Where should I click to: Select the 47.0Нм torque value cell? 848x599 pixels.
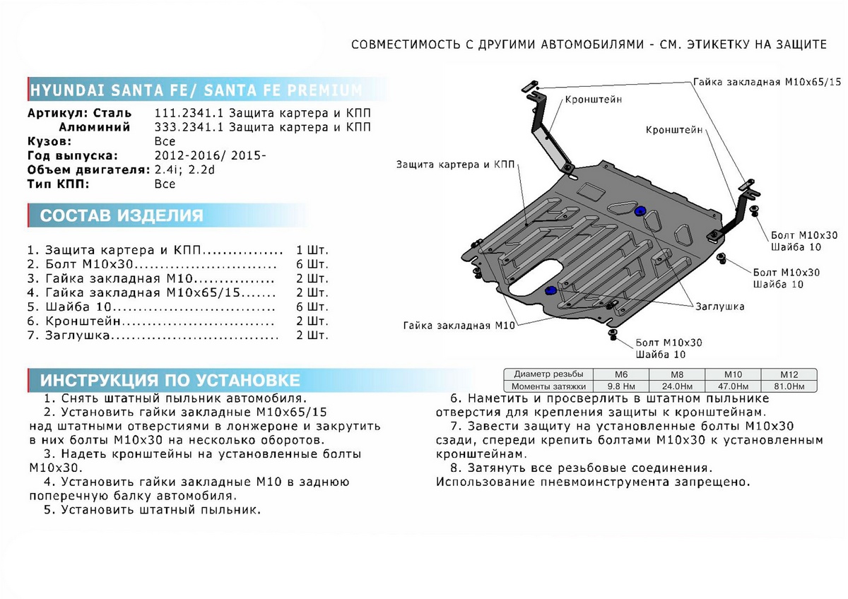734,386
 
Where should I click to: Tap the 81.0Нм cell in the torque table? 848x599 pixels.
789,386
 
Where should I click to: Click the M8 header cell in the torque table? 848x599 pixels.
677,374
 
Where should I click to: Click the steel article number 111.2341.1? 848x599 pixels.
187,114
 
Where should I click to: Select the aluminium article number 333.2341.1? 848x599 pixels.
187,127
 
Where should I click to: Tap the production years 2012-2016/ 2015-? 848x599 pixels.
210,155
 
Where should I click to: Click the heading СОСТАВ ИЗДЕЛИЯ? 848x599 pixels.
122,215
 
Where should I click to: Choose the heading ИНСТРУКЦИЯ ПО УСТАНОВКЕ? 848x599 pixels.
170,380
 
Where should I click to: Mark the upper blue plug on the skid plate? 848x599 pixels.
642,212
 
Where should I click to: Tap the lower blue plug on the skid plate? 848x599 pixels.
551,290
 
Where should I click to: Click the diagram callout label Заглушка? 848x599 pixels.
719,307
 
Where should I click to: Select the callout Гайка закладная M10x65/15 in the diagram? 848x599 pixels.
767,82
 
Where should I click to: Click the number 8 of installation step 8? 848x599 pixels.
452,468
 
